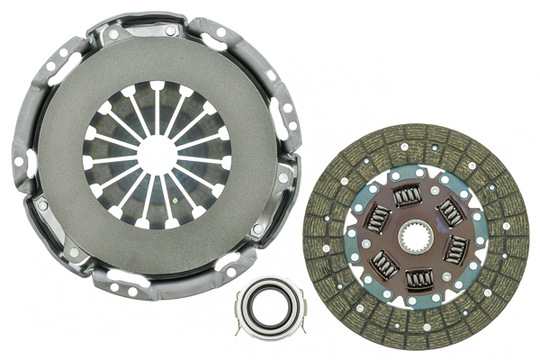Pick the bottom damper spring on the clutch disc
[418, 280]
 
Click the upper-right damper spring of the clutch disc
[451, 212]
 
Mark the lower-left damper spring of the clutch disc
[385, 263]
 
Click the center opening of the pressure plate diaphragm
[157, 153]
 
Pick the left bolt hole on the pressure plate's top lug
[112, 34]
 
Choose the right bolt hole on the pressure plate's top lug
[170, 30]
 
